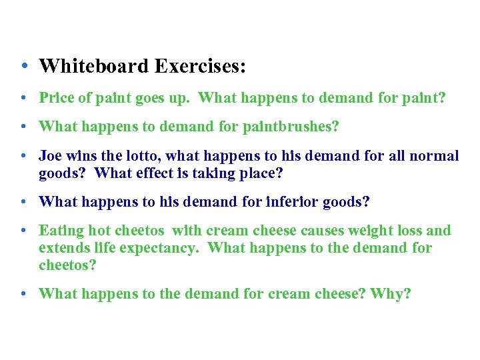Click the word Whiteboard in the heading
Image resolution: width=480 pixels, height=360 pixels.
[x=95, y=67]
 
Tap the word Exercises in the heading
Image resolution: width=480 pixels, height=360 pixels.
[x=201, y=67]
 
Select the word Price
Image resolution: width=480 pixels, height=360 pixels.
[x=57, y=98]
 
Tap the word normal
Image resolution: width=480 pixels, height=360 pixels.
[x=434, y=156]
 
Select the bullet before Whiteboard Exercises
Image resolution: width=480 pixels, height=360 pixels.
[x=23, y=67]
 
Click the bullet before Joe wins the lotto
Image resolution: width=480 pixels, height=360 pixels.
[x=23, y=156]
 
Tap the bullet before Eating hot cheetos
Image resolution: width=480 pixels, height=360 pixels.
[x=23, y=231]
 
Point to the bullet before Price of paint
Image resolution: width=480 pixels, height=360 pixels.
[x=23, y=98]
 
